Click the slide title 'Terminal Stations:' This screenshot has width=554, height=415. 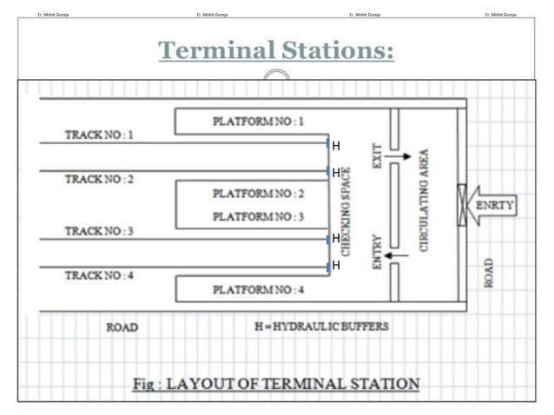[x=276, y=51]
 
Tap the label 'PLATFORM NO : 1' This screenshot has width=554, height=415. [x=258, y=122]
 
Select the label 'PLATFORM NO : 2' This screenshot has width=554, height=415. [x=258, y=193]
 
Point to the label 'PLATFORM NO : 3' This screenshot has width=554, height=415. [x=258, y=215]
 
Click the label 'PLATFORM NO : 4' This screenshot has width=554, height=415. [x=258, y=288]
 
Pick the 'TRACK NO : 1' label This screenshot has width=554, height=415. [x=100, y=135]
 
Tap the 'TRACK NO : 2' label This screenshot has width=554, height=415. [x=100, y=179]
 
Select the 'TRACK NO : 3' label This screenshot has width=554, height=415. [x=100, y=232]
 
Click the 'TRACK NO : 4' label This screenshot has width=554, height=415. [x=100, y=275]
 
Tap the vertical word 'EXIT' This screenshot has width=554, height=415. [x=376, y=156]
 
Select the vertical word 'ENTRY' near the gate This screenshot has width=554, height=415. [x=376, y=251]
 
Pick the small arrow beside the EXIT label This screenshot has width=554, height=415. [x=401, y=157]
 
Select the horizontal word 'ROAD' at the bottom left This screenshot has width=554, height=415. [x=122, y=328]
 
